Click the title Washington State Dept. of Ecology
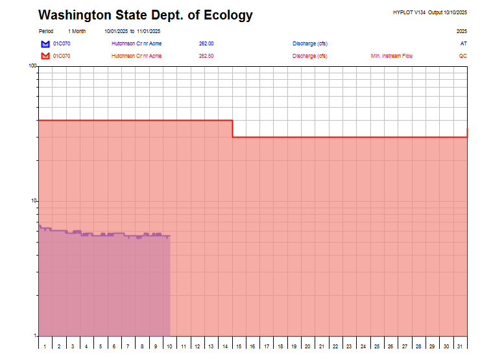pyautogui.click(x=145, y=16)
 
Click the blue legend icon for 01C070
pyautogui.click(x=45, y=43)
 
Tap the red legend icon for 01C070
pyautogui.click(x=45, y=56)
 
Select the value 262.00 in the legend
pyautogui.click(x=206, y=43)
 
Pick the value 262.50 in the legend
pyautogui.click(x=206, y=56)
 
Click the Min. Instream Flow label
pyautogui.click(x=391, y=56)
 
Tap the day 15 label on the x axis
pyautogui.click(x=239, y=347)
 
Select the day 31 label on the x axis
pyautogui.click(x=460, y=347)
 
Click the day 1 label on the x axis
pyautogui.click(x=45, y=347)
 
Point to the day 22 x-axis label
pyautogui.click(x=336, y=347)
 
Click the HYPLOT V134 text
pyautogui.click(x=409, y=12)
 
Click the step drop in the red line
pyautogui.click(x=232, y=128)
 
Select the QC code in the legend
pyautogui.click(x=462, y=56)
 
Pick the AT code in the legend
pyautogui.click(x=463, y=43)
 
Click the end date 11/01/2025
pyautogui.click(x=149, y=31)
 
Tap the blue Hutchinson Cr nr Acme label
pyautogui.click(x=136, y=43)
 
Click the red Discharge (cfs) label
pyautogui.click(x=309, y=56)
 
